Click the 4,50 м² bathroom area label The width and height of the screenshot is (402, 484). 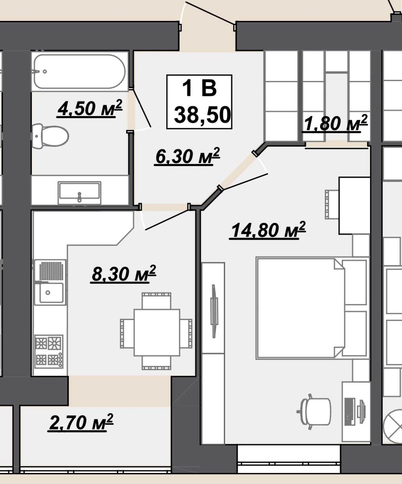click(90, 108)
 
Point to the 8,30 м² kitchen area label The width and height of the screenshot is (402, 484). click(123, 274)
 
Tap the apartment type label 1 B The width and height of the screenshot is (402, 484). click(200, 89)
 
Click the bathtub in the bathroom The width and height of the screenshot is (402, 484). click(80, 71)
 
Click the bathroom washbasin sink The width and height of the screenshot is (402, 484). click(79, 193)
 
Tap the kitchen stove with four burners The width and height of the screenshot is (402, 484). click(49, 351)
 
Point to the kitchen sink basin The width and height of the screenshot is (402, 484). click(51, 293)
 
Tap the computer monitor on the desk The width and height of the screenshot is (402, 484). click(350, 412)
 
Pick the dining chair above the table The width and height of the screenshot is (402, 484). click(156, 301)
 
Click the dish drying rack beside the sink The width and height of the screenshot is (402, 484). click(51, 271)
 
